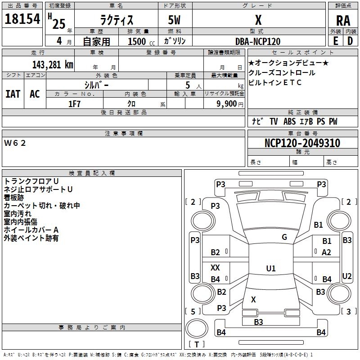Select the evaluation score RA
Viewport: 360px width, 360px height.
point(343,20)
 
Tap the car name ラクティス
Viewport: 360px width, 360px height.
point(116,20)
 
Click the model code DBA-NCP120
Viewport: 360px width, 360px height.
point(258,41)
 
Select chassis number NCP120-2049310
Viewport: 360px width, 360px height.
point(302,143)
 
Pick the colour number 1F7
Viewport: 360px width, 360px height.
point(74,104)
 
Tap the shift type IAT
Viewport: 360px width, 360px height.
point(13,94)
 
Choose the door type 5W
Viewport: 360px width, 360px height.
point(175,20)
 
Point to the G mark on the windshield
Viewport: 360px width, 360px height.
point(284,237)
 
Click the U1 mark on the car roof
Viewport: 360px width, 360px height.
point(271,268)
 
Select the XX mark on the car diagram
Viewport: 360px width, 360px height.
point(215,267)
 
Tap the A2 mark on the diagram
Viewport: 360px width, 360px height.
point(327,252)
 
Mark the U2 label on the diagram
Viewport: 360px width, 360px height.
point(347,276)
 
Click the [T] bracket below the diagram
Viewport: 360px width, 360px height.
point(197,345)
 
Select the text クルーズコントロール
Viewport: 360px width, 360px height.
point(282,73)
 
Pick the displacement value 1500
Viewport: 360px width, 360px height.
point(137,41)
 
